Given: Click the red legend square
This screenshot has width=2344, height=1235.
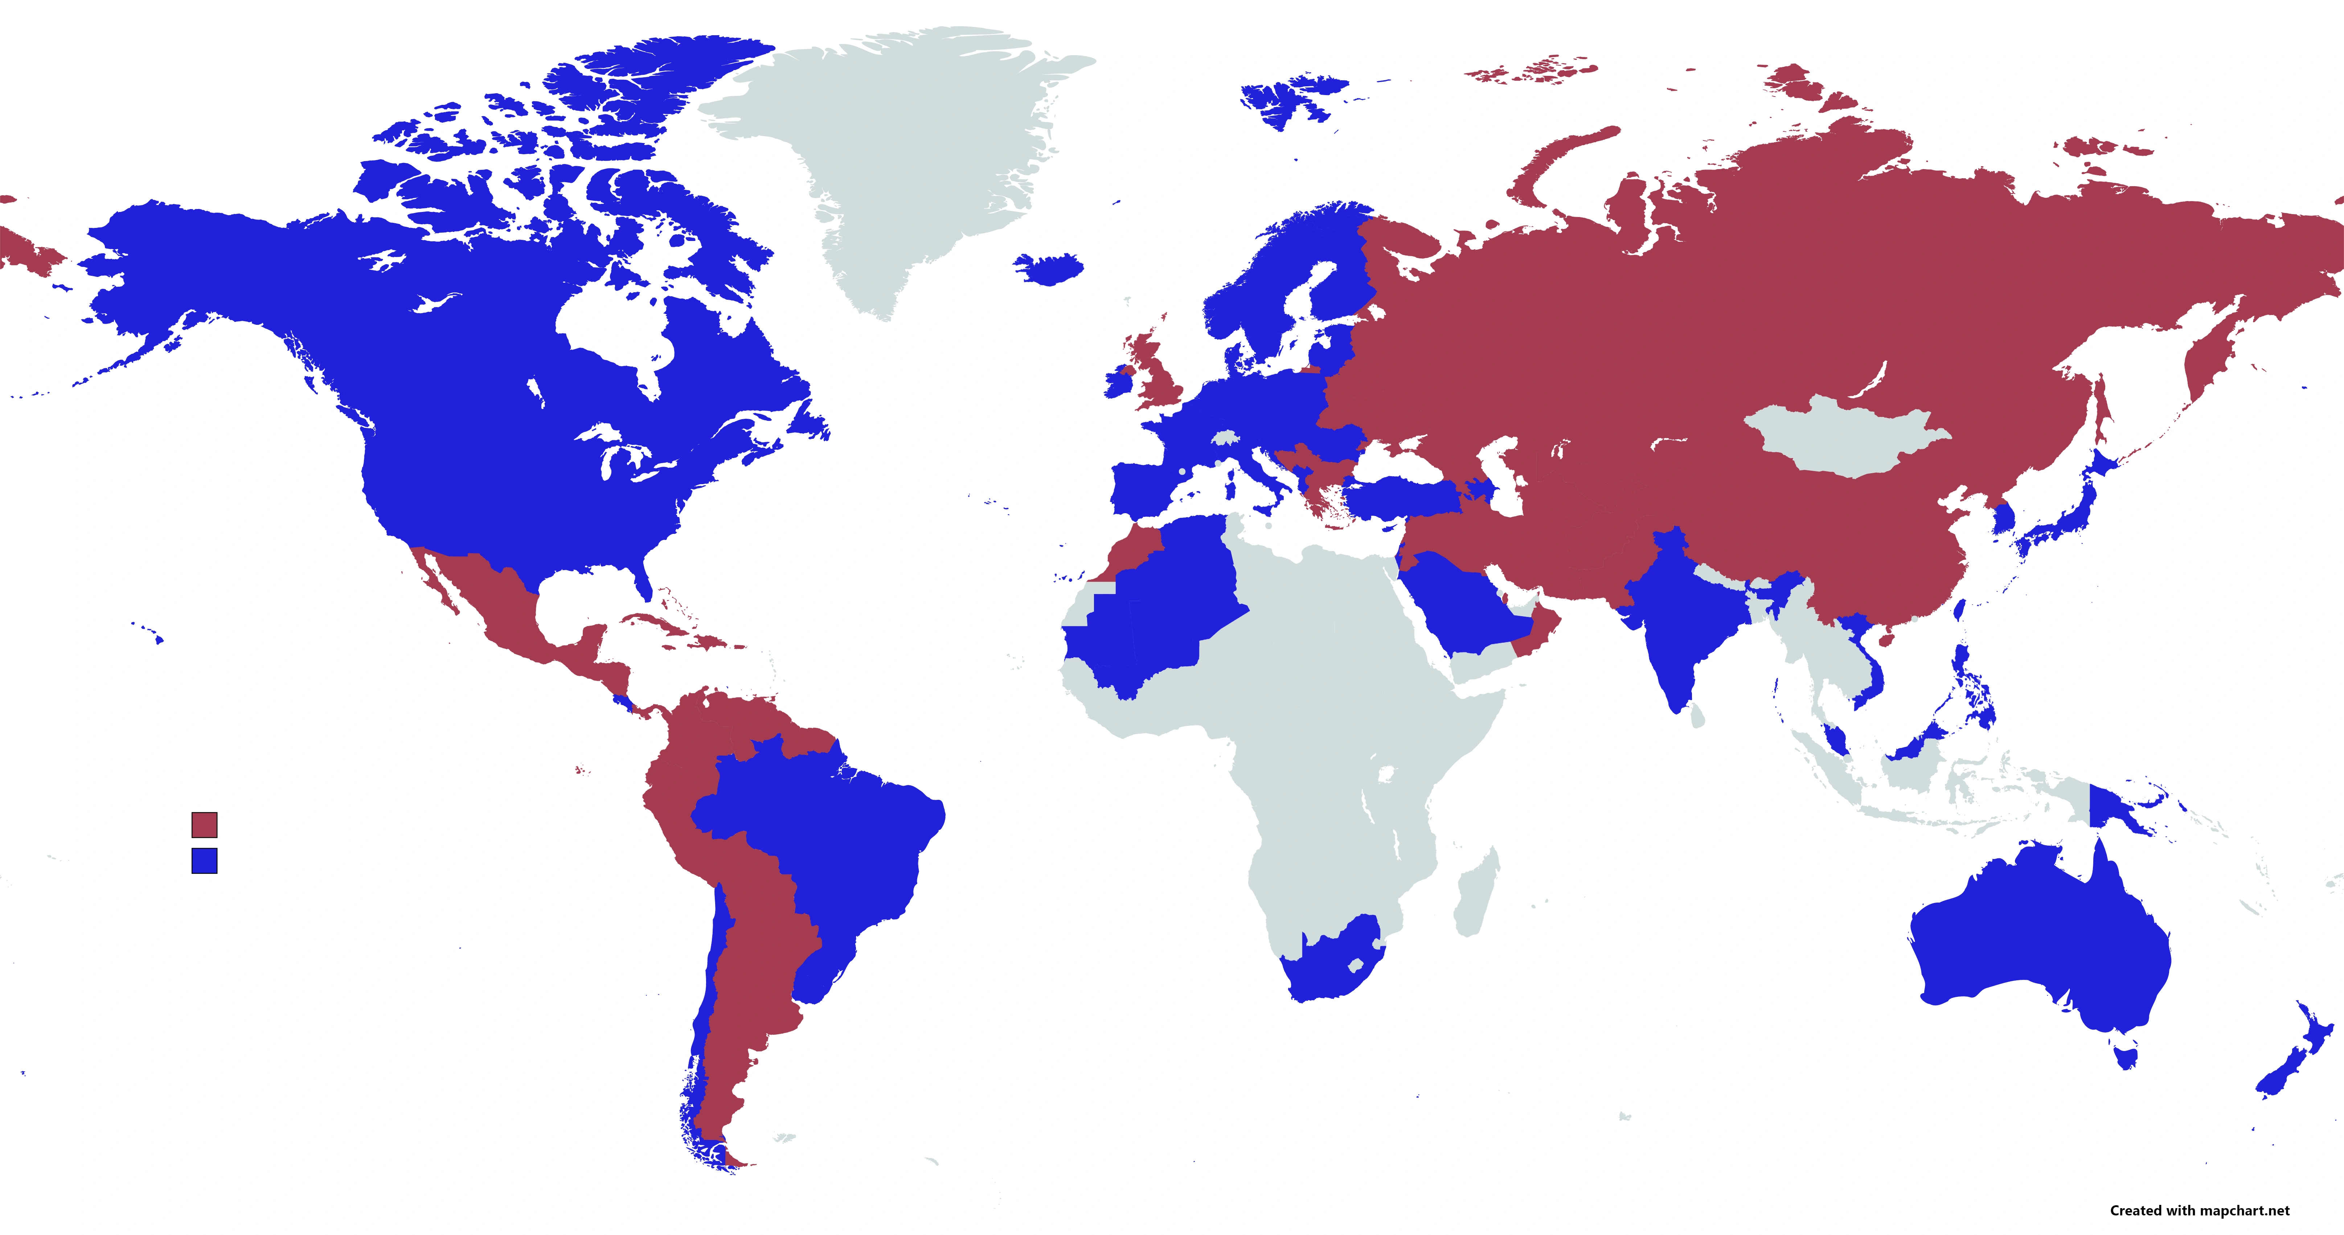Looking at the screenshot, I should pyautogui.click(x=204, y=825).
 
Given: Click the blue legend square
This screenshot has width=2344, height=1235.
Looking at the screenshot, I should pyautogui.click(x=204, y=860).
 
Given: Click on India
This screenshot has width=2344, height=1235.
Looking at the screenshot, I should pyautogui.click(x=1683, y=628).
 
